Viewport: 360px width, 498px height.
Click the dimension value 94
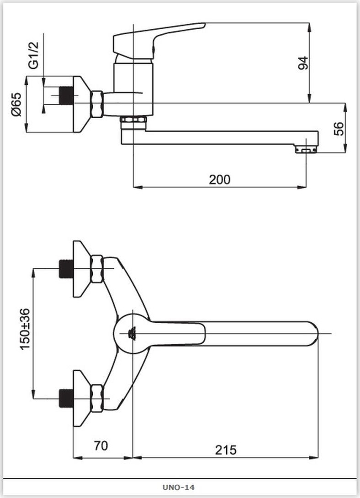click(x=303, y=63)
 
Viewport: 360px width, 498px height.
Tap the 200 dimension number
click(x=220, y=180)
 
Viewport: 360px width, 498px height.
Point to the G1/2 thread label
click(x=33, y=55)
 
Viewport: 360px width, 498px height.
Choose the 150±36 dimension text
click(x=25, y=329)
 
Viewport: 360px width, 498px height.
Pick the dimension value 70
click(x=101, y=446)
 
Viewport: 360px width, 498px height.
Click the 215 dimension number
click(x=226, y=450)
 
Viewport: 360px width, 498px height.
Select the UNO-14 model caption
click(x=179, y=487)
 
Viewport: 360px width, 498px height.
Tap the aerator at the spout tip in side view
click(x=306, y=149)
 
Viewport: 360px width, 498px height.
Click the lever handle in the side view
click(x=159, y=41)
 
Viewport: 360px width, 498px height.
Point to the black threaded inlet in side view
click(x=66, y=95)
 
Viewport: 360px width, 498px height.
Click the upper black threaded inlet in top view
click(x=66, y=269)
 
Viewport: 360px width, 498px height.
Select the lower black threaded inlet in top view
click(x=66, y=398)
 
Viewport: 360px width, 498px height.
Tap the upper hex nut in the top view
click(x=97, y=269)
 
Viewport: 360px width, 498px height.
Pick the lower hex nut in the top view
click(x=97, y=398)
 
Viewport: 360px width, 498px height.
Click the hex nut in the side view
click(x=97, y=104)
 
